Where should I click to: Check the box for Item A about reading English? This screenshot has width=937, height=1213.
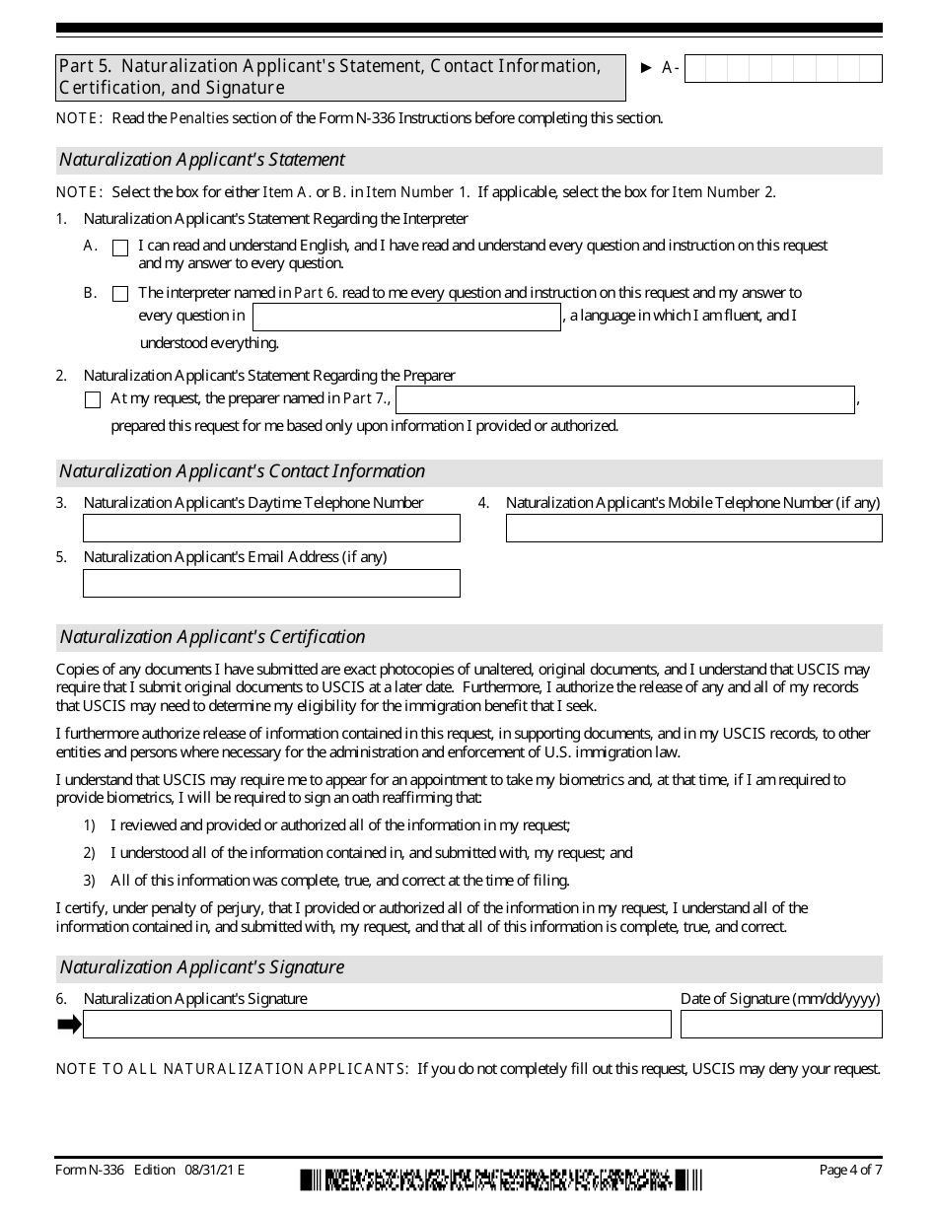coord(120,249)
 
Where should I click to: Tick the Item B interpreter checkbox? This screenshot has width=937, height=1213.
coord(120,294)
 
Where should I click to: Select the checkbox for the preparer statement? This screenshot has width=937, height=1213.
coord(93,400)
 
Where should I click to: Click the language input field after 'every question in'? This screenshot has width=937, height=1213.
coord(406,317)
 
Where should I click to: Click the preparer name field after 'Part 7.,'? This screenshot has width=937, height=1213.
coord(625,399)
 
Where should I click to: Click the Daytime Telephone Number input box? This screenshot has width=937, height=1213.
coord(271,529)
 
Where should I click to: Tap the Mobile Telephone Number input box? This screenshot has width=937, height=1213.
coord(693,529)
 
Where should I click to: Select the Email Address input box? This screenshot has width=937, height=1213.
coord(271,583)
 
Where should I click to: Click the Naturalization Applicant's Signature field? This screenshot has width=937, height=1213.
coord(377,1025)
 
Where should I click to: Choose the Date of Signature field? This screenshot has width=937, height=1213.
coord(781,1025)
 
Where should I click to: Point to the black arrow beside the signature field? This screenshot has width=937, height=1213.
coord(69,1025)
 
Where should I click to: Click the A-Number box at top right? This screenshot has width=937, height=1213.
coord(782,68)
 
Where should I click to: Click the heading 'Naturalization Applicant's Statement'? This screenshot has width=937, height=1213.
coord(202,160)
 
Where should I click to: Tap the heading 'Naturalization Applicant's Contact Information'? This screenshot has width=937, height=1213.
coord(242,471)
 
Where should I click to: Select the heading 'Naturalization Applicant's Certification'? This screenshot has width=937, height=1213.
coord(212,637)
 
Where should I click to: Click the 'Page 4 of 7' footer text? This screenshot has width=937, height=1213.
coord(850,1171)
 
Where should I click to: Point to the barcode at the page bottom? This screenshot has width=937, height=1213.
coord(502,1179)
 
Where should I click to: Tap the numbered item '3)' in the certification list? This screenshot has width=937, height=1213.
coord(89,881)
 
